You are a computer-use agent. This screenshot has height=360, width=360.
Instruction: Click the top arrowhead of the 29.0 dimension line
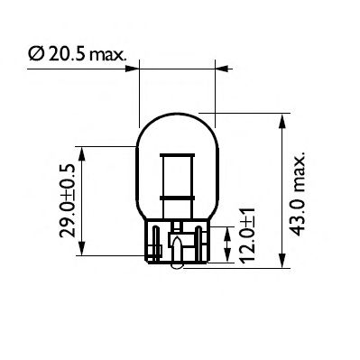(x=83, y=154)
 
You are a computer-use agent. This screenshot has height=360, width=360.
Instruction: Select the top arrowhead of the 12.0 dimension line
(x=226, y=226)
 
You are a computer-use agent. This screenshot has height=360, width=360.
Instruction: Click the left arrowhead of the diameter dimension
(x=135, y=66)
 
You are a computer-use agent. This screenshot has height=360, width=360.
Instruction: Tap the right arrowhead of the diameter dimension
(x=219, y=66)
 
